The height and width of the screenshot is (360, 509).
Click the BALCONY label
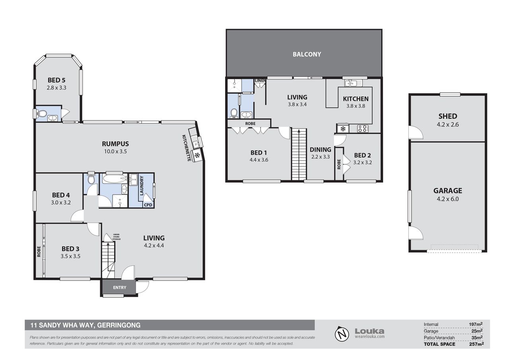[x=307, y=54]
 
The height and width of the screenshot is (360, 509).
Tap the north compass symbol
[x=342, y=333]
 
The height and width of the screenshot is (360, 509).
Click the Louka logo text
[x=369, y=331]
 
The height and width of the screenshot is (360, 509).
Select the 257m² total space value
[x=476, y=344]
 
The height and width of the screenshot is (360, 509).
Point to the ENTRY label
[x=120, y=288]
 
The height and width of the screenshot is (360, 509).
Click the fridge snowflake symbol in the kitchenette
[x=197, y=156]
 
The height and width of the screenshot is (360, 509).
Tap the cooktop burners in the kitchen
[x=363, y=128]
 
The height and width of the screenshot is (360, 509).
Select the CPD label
[x=148, y=205]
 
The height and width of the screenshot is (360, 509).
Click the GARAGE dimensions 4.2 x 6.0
[x=448, y=199]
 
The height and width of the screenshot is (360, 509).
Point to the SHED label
[x=448, y=117]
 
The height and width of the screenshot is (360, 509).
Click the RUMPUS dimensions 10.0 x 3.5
[x=115, y=152]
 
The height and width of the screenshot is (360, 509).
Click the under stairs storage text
[x=117, y=237]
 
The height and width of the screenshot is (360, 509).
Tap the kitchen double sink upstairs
[x=350, y=83]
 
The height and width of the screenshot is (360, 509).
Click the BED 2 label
[x=362, y=156]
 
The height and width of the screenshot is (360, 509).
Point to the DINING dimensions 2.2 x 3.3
[x=321, y=157]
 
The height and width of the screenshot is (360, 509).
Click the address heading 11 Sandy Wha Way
[x=85, y=325]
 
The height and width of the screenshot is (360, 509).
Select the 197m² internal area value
[x=476, y=324]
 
